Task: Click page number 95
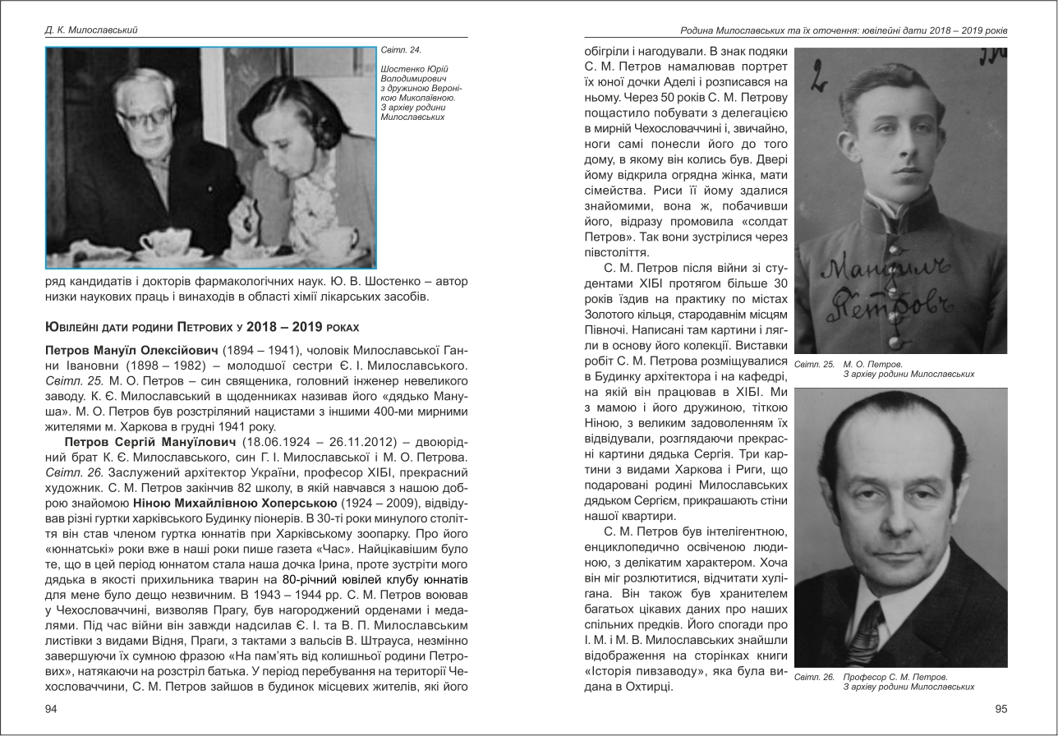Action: (x=1000, y=709)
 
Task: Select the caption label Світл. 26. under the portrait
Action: (x=814, y=677)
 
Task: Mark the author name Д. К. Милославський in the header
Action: (x=91, y=30)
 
